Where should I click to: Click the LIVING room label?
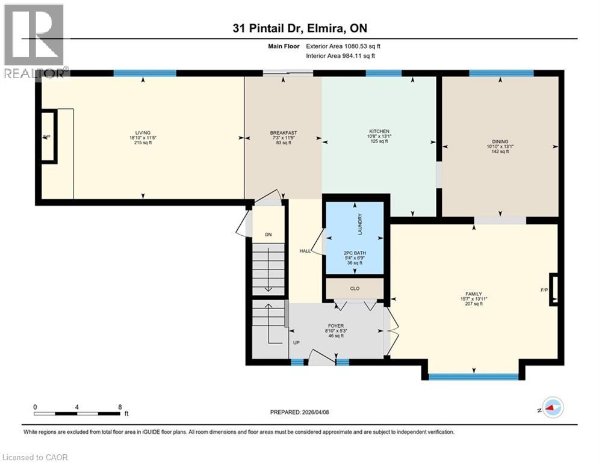pyautogui.click(x=143, y=133)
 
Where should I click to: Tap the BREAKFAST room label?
pyautogui.click(x=284, y=133)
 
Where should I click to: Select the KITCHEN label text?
pyautogui.click(x=379, y=131)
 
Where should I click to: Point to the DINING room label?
pyautogui.click(x=500, y=141)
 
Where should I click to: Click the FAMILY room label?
pyautogui.click(x=474, y=294)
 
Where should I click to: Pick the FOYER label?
pyautogui.click(x=336, y=326)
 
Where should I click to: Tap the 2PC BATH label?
pyautogui.click(x=355, y=253)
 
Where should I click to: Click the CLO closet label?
pyautogui.click(x=355, y=289)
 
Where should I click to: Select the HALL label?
pyautogui.click(x=305, y=251)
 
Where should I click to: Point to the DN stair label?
pyautogui.click(x=268, y=235)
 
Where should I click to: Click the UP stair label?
pyautogui.click(x=296, y=342)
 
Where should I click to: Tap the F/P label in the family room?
pyautogui.click(x=544, y=290)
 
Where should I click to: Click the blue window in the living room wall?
pyautogui.click(x=145, y=73)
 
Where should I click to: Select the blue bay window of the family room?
pyautogui.click(x=474, y=377)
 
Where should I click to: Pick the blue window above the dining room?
pyautogui.click(x=501, y=73)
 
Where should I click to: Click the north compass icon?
pyautogui.click(x=550, y=408)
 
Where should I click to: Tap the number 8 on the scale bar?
pyautogui.click(x=120, y=407)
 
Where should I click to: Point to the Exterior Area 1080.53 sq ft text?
pyautogui.click(x=343, y=46)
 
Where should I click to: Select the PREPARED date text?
pyautogui.click(x=300, y=412)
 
